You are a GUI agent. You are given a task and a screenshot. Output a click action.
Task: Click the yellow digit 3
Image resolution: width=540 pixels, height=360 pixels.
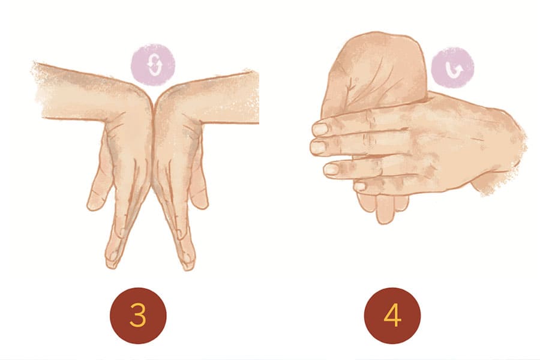[138, 315]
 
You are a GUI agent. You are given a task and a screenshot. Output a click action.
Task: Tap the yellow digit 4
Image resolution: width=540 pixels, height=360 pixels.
[392, 315]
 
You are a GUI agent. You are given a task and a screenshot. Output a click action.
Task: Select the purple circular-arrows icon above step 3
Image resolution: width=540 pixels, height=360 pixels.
[153, 64]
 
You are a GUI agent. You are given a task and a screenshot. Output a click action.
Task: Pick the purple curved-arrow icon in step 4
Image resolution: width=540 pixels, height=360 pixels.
[452, 68]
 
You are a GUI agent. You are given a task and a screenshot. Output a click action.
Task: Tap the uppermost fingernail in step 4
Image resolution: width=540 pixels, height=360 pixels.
[320, 129]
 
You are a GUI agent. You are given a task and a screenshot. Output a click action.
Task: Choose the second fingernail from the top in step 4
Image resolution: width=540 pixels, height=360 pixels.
[318, 147]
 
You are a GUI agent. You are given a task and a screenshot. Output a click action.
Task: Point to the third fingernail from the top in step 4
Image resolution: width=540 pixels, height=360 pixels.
[331, 169]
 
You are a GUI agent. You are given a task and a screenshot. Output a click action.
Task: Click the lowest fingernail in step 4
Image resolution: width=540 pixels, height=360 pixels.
[359, 187]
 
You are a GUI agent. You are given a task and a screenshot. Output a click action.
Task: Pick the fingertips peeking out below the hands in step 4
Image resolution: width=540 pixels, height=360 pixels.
[382, 206]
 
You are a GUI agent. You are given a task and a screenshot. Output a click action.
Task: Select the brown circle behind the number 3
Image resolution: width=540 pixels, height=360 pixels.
[138, 316]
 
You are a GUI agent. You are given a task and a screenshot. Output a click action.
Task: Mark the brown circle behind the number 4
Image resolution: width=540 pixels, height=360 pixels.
[392, 316]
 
